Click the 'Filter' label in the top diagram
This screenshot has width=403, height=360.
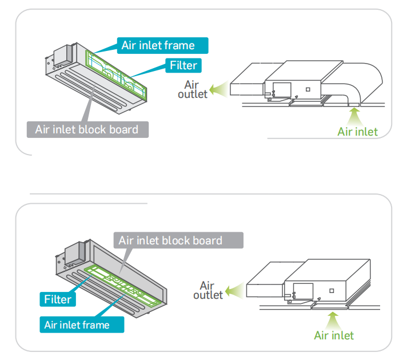tap(183, 65)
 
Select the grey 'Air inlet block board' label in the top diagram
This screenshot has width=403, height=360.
tap(87, 129)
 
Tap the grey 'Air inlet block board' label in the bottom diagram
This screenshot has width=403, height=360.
tap(170, 240)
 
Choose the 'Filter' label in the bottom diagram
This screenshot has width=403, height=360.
tap(58, 299)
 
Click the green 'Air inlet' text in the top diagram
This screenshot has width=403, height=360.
tap(357, 132)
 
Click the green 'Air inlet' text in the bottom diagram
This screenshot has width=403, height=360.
tap(334, 335)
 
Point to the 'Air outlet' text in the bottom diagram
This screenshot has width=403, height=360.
tap(208, 290)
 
